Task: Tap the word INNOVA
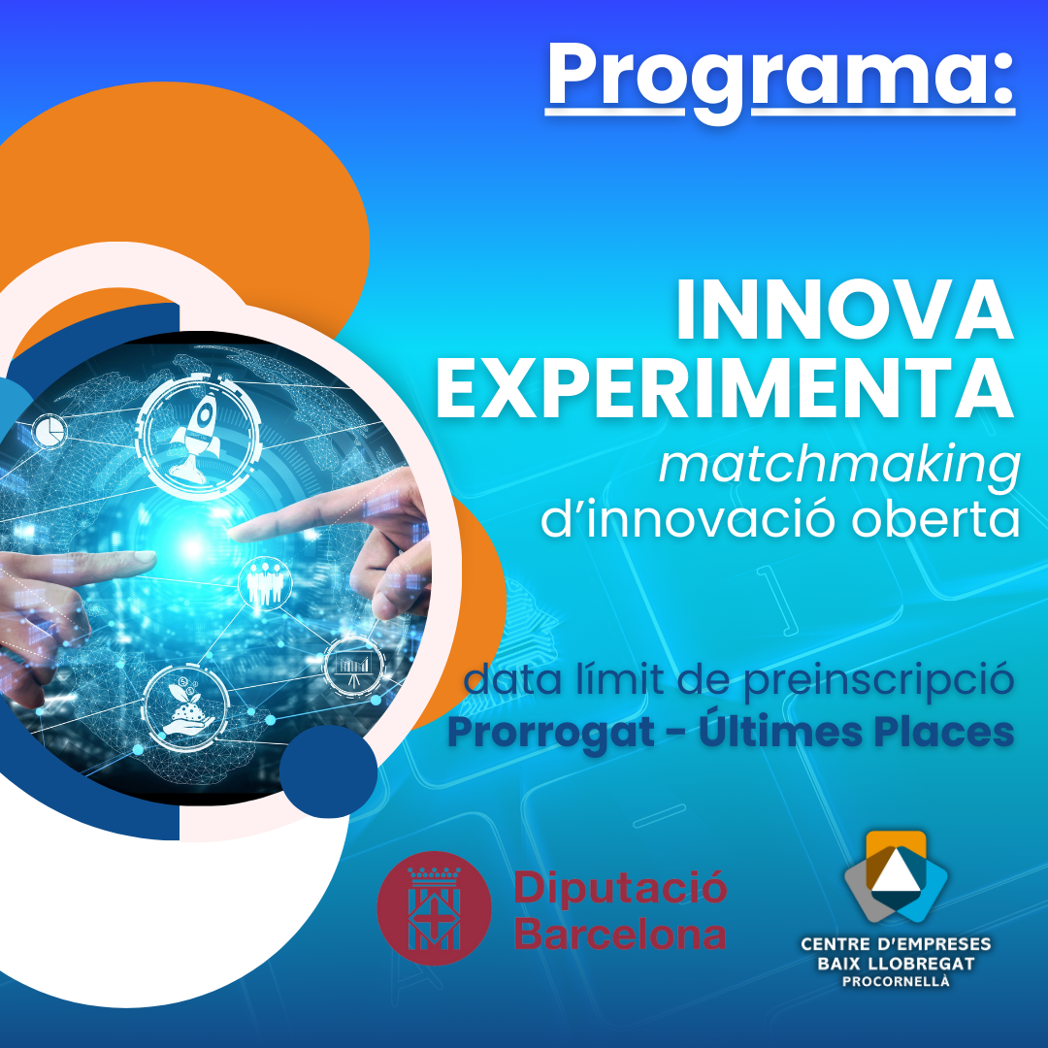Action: click(x=845, y=311)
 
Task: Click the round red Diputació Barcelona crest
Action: click(x=435, y=907)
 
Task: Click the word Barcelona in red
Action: click(x=619, y=933)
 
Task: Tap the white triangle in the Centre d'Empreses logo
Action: click(x=897, y=871)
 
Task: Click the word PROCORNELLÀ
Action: click(x=896, y=981)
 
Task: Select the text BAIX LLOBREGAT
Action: click(x=896, y=964)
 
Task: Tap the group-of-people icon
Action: click(x=265, y=583)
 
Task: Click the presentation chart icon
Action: click(x=353, y=666)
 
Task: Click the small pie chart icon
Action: click(x=49, y=431)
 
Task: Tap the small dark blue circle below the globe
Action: click(x=328, y=771)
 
